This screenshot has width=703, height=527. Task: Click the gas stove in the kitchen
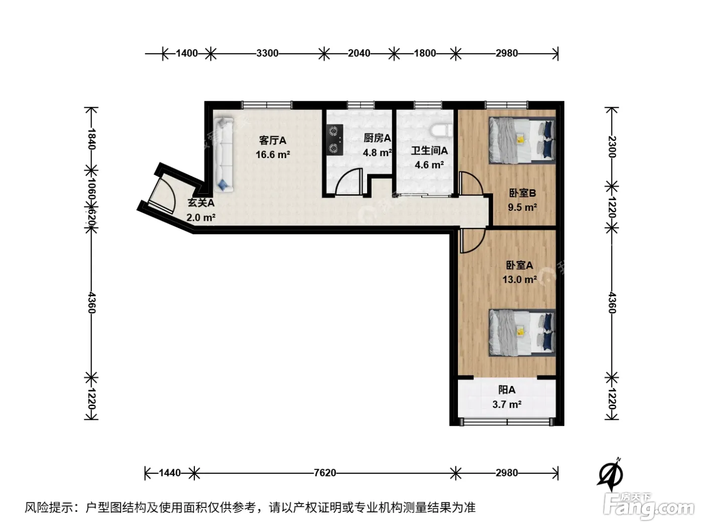click(x=335, y=140)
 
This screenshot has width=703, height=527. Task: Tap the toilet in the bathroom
click(x=441, y=131)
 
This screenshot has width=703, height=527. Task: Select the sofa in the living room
click(x=223, y=155)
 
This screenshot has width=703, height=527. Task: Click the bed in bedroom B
click(x=522, y=141)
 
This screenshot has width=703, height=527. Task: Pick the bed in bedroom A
click(x=522, y=333)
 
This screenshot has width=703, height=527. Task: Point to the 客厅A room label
click(x=273, y=141)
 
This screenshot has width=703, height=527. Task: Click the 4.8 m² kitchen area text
click(x=377, y=153)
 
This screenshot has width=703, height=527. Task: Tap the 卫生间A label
click(x=429, y=151)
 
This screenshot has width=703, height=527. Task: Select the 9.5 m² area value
click(x=522, y=207)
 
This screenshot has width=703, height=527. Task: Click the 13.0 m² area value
click(x=520, y=280)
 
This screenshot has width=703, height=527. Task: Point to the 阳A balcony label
click(x=507, y=390)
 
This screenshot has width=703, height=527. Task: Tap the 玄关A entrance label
click(x=201, y=203)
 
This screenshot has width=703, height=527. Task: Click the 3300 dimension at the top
click(x=267, y=53)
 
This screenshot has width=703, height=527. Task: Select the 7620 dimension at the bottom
click(x=325, y=473)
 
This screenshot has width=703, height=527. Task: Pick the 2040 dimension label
click(x=359, y=53)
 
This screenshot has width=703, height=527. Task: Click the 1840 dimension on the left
click(x=91, y=139)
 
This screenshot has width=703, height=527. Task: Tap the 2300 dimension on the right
click(x=612, y=147)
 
